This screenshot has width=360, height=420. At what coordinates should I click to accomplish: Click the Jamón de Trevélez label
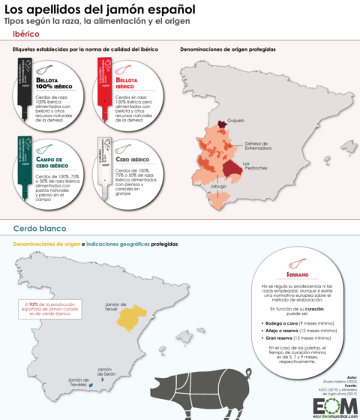pyautogui.click(x=84, y=382)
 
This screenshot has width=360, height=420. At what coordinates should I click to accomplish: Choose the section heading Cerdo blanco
pyautogui.click(x=41, y=227)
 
